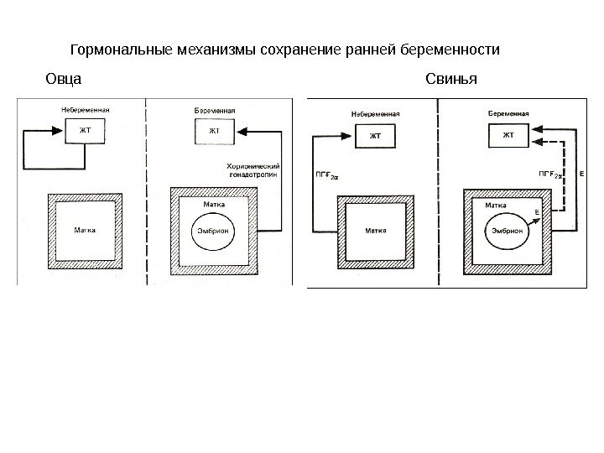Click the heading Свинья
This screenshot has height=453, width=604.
tap(451, 80)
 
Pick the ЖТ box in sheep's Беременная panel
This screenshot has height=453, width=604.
tap(214, 131)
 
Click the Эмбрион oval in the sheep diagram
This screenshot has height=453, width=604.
tap(213, 232)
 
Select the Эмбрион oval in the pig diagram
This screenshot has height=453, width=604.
tap(502, 231)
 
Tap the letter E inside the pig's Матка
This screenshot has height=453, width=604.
tap(537, 211)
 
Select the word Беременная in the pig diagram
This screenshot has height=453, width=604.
tap(507, 112)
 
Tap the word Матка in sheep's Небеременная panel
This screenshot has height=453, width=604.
tap(83, 231)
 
